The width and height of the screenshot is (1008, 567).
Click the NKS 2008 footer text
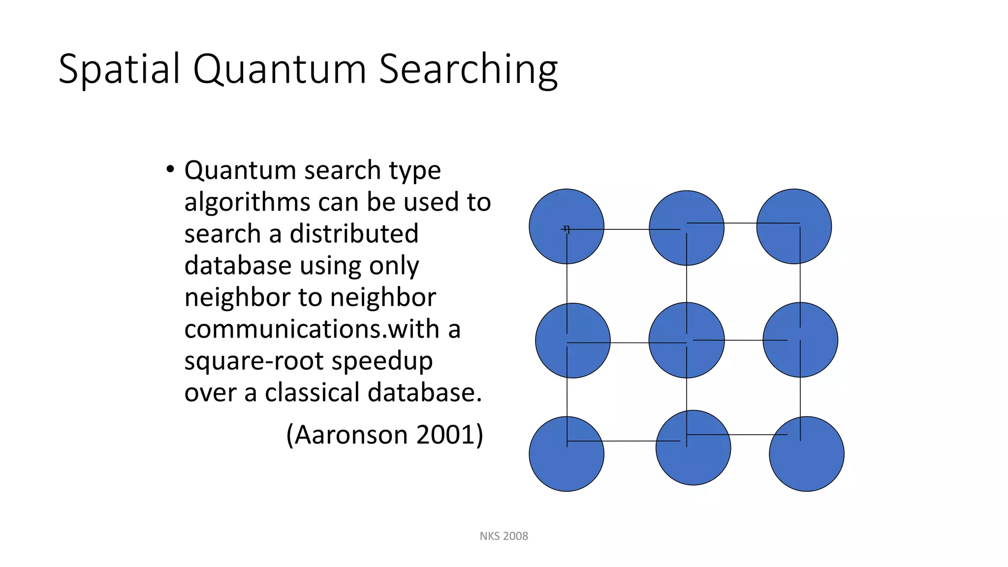[x=504, y=536]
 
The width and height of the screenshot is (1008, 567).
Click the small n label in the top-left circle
[x=567, y=229]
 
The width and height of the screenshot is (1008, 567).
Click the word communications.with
[x=312, y=329]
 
